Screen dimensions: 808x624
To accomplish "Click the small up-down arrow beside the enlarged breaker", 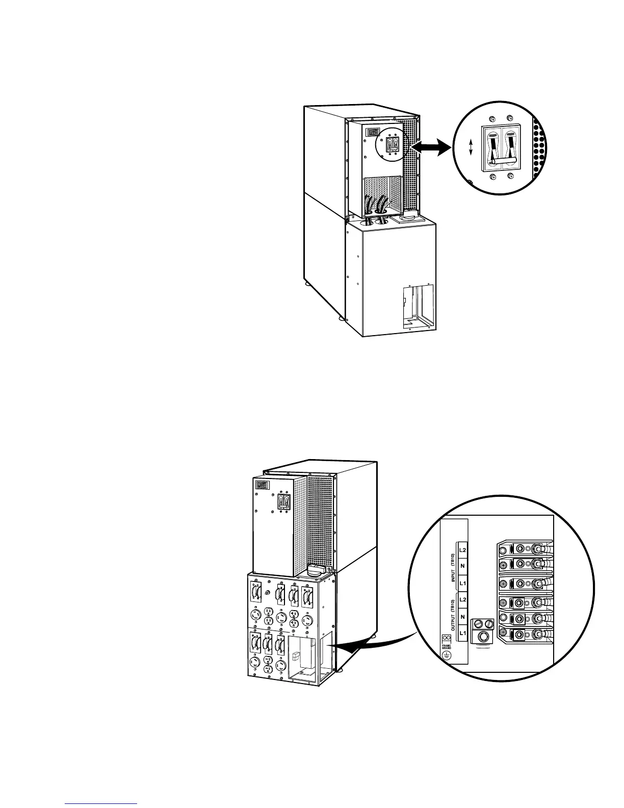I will (471, 148).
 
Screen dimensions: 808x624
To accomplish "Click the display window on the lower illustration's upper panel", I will (262, 485).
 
